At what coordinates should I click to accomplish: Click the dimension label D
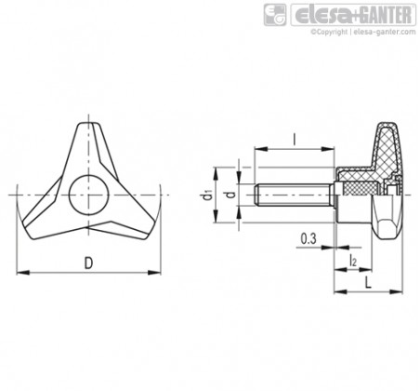tap(89, 263)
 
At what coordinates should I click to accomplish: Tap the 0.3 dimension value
tap(308, 239)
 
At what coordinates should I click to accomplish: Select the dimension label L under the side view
tap(368, 283)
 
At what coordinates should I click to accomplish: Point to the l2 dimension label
tap(353, 260)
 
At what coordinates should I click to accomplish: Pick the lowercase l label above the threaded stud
tap(295, 140)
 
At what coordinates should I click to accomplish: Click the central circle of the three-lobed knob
tap(89, 195)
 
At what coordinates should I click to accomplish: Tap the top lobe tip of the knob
tap(89, 124)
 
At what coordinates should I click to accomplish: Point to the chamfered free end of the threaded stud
tap(256, 195)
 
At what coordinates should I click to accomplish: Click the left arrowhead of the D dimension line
tap(22, 273)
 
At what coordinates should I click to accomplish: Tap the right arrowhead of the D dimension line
tap(154, 273)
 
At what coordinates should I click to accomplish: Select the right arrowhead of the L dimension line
tap(396, 291)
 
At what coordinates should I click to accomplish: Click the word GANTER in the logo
tap(386, 15)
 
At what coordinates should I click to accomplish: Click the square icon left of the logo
tap(275, 15)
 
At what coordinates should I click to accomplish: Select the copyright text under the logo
tap(363, 32)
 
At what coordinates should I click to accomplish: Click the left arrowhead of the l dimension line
tap(261, 149)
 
